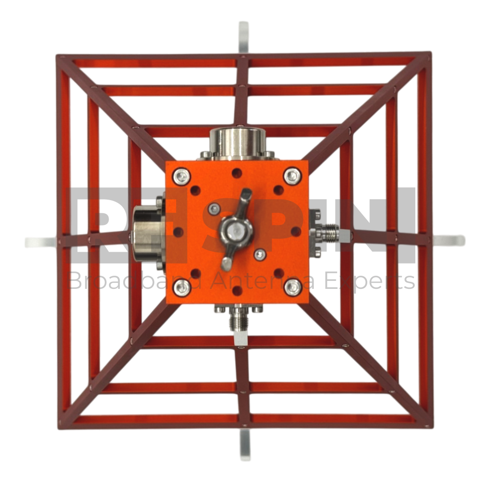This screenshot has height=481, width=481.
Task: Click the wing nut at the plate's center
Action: coord(236,230)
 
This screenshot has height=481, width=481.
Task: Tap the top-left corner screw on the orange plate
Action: coord(182,177)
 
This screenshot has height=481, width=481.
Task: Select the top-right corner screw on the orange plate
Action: coord(293,176)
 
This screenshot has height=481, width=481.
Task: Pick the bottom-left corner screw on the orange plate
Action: coord(182,288)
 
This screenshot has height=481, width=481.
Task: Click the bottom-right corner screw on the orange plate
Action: coord(293,287)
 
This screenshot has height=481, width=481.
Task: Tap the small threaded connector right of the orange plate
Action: coord(327,232)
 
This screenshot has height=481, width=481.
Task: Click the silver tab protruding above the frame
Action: coord(244,39)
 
